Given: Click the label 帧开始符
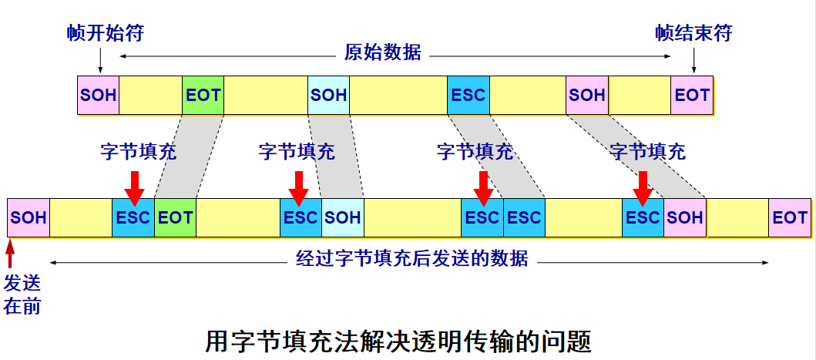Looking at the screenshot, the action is (x=105, y=34).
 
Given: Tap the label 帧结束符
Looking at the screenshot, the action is (x=693, y=34).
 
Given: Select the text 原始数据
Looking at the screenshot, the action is (x=382, y=52).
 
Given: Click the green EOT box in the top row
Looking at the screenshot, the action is (x=203, y=95).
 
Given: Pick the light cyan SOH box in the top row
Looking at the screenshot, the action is (x=328, y=95).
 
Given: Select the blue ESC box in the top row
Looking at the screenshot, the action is (x=468, y=95).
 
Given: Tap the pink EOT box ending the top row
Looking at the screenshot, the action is (x=692, y=95).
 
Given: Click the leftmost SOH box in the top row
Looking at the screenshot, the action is (x=98, y=95).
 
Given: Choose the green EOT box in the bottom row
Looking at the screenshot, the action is (x=176, y=217).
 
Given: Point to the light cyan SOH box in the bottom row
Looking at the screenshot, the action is (x=342, y=217).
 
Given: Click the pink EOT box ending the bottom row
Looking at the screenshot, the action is (x=790, y=217).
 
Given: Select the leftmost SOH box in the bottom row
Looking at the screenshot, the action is (x=29, y=217).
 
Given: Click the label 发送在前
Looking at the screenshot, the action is (x=22, y=295).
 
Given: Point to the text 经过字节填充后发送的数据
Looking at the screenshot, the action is (x=411, y=258).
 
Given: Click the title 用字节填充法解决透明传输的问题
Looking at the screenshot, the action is (x=399, y=341).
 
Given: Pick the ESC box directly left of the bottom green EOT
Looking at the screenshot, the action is (x=133, y=217).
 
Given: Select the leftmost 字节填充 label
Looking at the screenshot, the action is (x=139, y=152).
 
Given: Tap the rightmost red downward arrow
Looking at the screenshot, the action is (x=643, y=188).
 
